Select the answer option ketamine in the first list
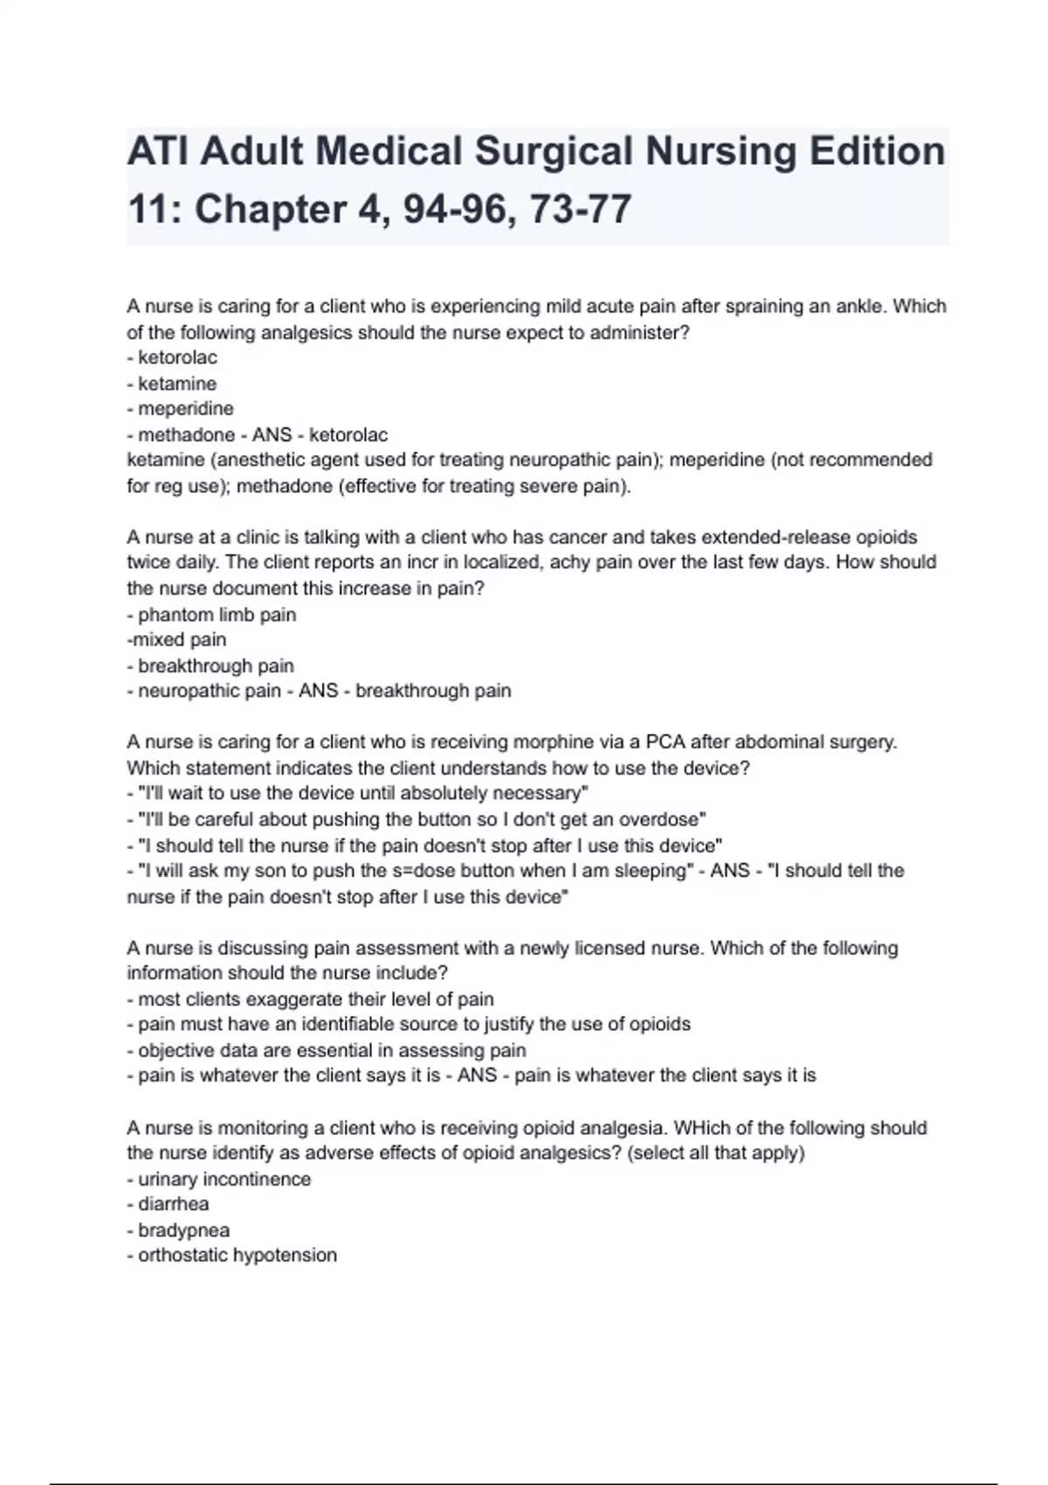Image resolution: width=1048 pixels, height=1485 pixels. [176, 383]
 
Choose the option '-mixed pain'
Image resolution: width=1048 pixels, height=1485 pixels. [176, 639]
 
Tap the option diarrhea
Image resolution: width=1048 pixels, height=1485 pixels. [173, 1204]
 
